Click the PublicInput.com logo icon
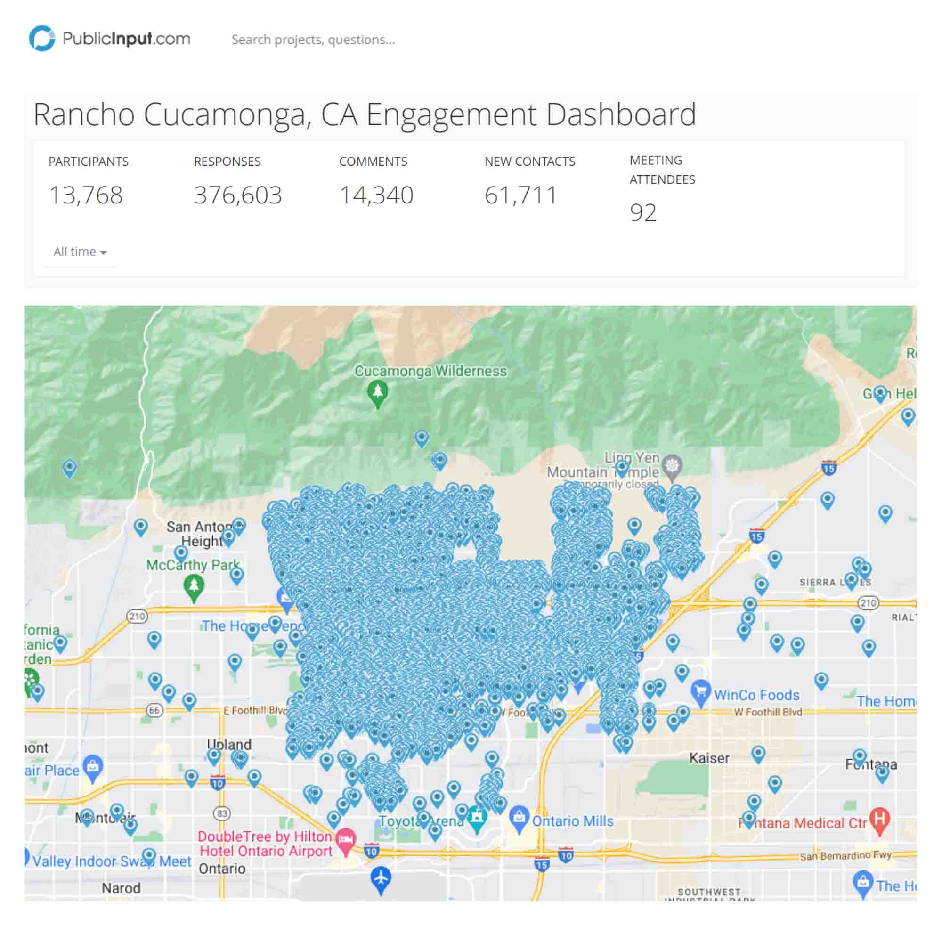point(42,39)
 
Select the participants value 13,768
point(86,195)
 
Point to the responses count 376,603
point(237,195)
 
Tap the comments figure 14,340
point(376,195)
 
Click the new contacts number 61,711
point(520,195)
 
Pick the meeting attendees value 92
point(642,212)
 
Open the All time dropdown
point(80,252)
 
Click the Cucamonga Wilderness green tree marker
point(377,393)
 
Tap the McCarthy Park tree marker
point(194,586)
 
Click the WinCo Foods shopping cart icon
point(701,692)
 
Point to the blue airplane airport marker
point(381,878)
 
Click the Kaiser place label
point(709,758)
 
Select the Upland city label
point(229,745)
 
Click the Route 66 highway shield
point(154,710)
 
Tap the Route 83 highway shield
point(222,813)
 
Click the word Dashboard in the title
point(621,114)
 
